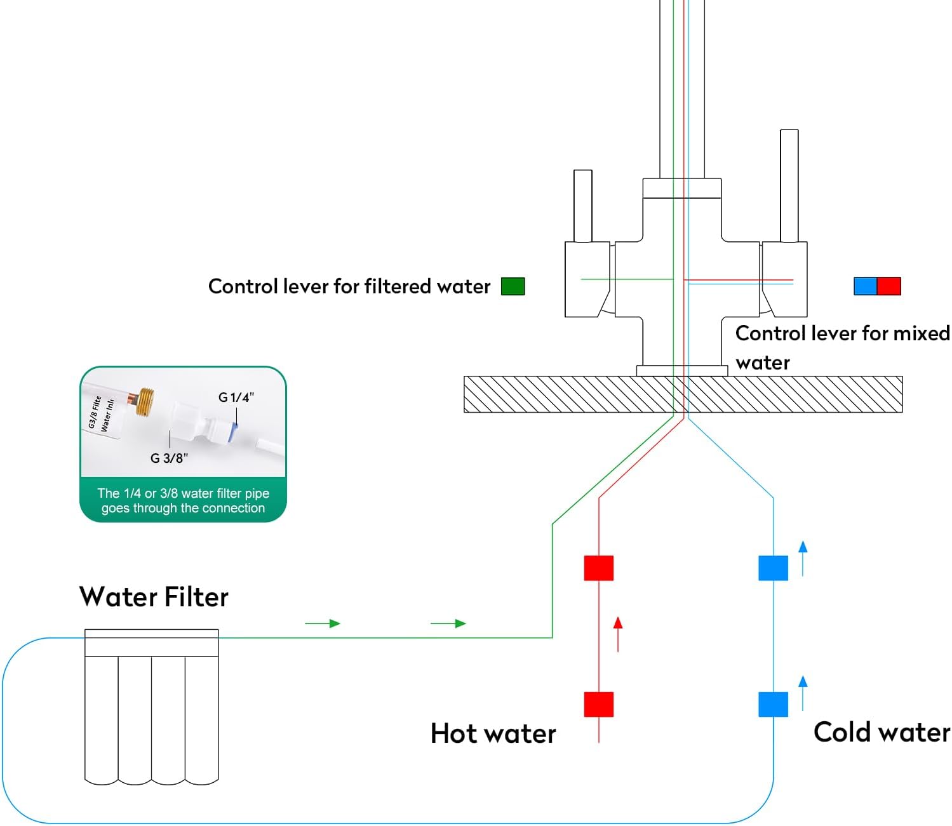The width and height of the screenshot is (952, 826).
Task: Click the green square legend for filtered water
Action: click(x=513, y=286)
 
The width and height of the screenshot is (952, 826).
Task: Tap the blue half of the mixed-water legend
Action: click(x=865, y=286)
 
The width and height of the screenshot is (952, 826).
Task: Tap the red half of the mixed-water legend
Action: click(x=888, y=286)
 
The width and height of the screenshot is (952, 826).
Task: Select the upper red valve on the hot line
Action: click(x=599, y=568)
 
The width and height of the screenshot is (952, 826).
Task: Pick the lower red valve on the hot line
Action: click(x=599, y=704)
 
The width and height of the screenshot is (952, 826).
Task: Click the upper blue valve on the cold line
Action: click(x=773, y=568)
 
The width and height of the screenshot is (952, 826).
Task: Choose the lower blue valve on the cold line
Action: click(x=773, y=704)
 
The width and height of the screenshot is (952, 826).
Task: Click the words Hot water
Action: click(x=493, y=733)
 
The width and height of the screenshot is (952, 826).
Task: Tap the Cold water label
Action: click(x=882, y=732)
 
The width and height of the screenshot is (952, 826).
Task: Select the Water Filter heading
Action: click(x=154, y=597)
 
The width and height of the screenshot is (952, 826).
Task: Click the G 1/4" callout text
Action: click(x=236, y=397)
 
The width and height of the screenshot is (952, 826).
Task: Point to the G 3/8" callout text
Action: click(x=169, y=458)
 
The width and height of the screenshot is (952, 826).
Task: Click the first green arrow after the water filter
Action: click(x=323, y=623)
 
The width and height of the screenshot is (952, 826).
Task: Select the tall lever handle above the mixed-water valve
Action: click(x=789, y=185)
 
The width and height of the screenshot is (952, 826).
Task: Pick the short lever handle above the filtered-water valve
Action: click(x=583, y=205)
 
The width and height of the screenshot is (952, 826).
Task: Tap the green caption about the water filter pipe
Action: click(x=183, y=500)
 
